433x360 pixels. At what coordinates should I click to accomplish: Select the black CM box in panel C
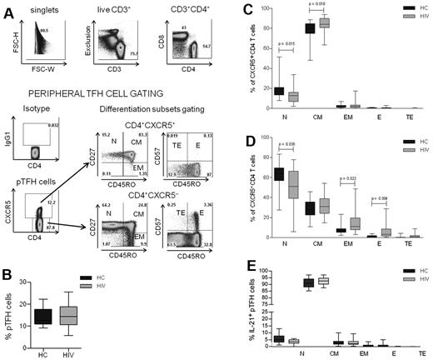(x=313, y=28)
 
